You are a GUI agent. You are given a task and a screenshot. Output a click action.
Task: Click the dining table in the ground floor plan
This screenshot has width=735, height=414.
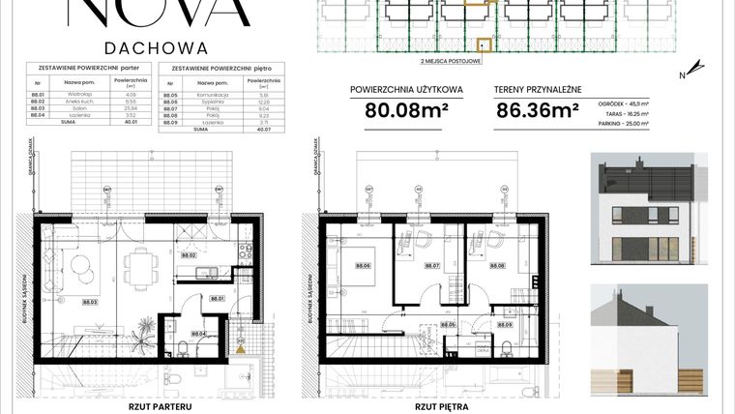coord(143,262)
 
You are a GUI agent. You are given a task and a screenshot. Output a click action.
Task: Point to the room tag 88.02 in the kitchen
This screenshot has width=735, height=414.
coord(191,255)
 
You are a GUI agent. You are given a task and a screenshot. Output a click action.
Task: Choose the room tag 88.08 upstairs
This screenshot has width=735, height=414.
coord(499,265)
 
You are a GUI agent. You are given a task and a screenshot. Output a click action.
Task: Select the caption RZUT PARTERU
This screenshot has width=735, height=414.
coord(160,407)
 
